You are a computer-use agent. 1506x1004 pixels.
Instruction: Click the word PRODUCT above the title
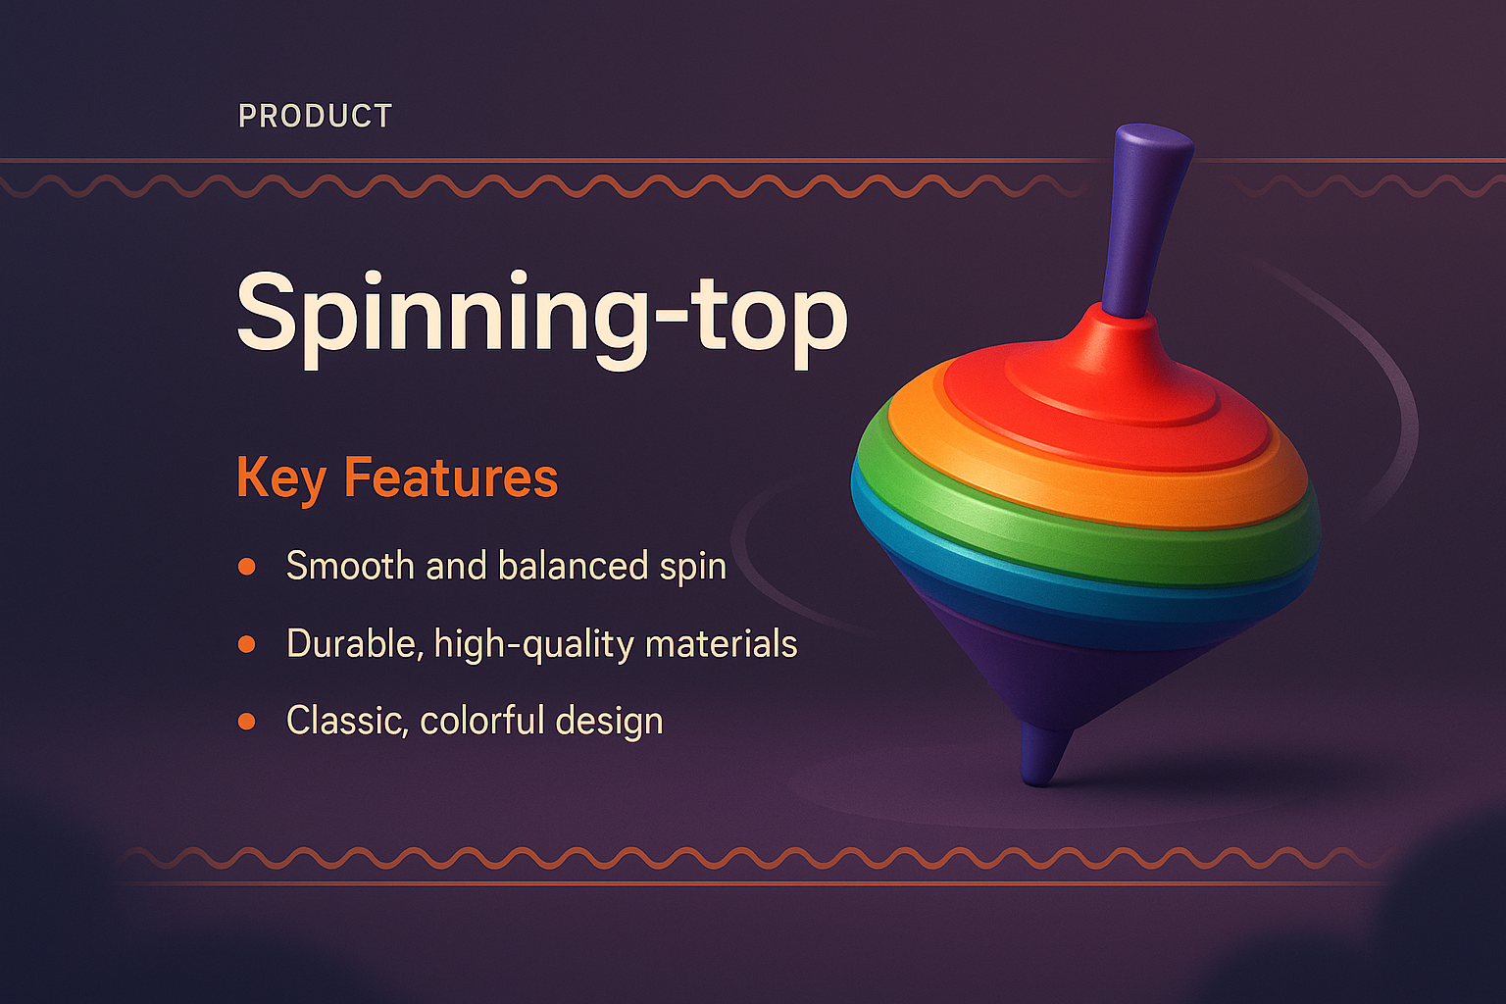pyautogui.click(x=315, y=117)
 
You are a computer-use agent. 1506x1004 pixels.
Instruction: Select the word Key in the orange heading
pyautogui.click(x=280, y=479)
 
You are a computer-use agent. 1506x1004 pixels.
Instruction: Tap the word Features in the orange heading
pyautogui.click(x=450, y=477)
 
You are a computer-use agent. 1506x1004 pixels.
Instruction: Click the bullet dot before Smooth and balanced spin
pyautogui.click(x=246, y=567)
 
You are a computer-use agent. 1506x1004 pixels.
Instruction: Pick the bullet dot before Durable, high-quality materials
pyautogui.click(x=246, y=644)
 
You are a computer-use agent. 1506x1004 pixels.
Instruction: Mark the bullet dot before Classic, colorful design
pyautogui.click(x=246, y=722)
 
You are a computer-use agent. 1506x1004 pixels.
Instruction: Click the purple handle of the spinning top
pyautogui.click(x=1145, y=216)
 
